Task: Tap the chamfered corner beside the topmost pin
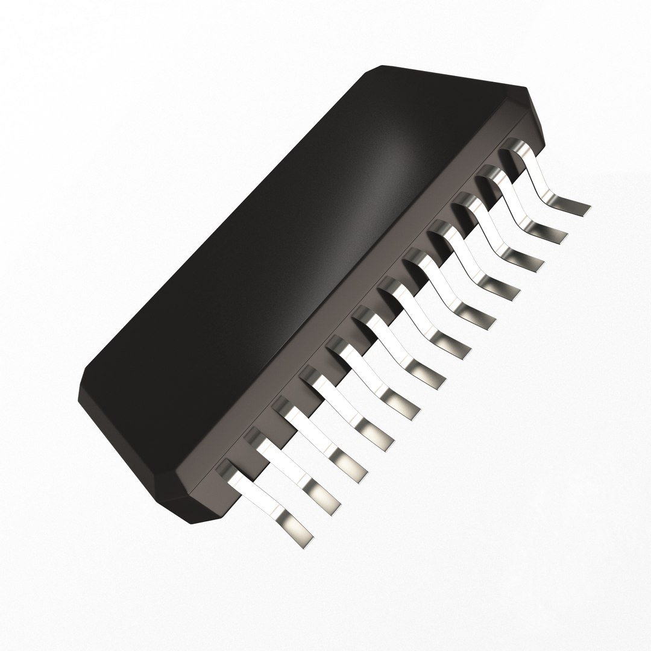[536, 121]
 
